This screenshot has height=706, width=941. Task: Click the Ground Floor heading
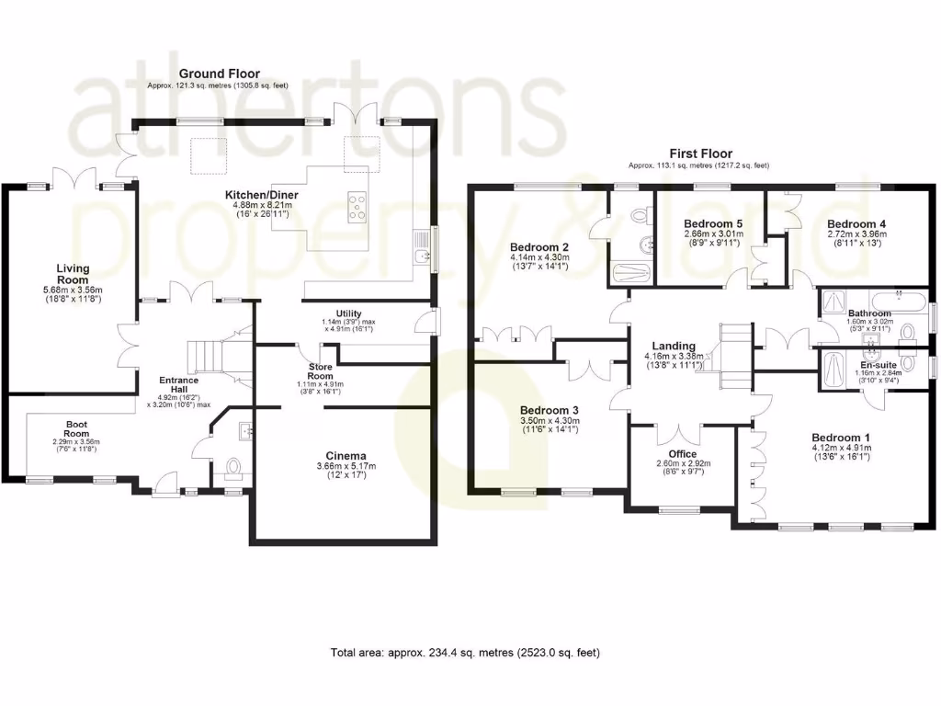tap(219, 74)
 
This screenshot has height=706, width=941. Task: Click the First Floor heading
tap(697, 154)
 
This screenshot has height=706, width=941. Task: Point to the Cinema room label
tap(346, 456)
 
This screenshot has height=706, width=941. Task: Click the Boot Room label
tap(76, 429)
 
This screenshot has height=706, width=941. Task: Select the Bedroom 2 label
tap(539, 246)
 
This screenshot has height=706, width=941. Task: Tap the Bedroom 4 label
tap(856, 223)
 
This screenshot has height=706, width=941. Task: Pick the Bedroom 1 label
tap(840, 438)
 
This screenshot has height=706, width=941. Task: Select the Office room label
tap(682, 454)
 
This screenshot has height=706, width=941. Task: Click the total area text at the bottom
tap(465, 653)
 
